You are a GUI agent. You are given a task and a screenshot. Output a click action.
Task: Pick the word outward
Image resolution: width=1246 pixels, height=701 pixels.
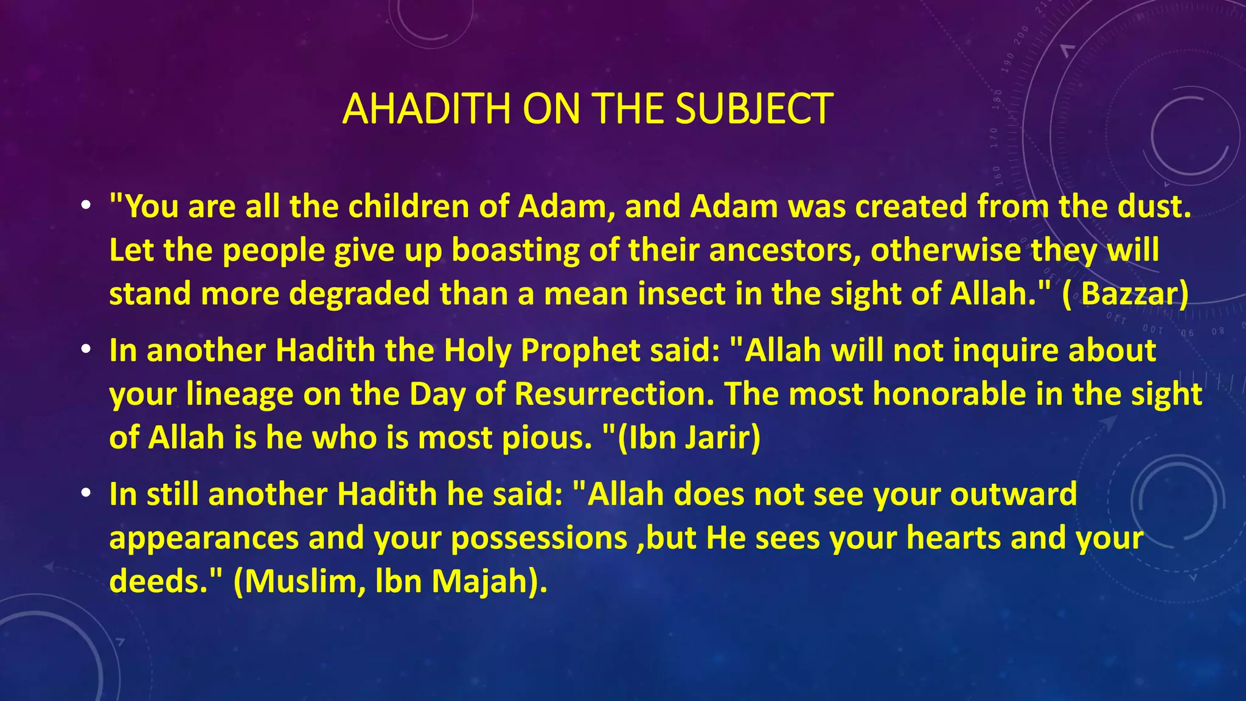point(1014,493)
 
